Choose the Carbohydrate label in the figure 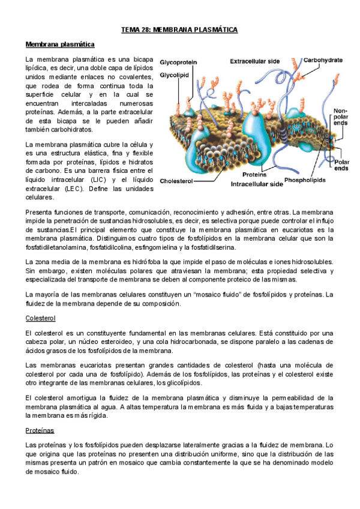(x=323, y=60)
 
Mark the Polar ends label (x=341, y=165)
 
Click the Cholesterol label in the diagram (x=178, y=178)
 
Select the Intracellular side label (x=257, y=185)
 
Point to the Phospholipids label (x=305, y=179)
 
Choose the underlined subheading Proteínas (x=40, y=430)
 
